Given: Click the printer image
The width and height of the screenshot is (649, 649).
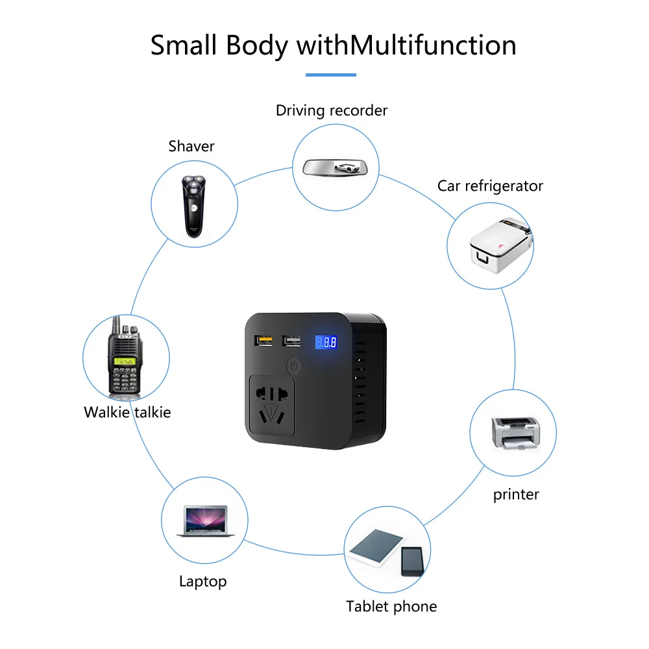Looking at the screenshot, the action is pyautogui.click(x=515, y=432).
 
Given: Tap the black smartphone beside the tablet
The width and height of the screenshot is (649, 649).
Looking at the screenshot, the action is pyautogui.click(x=411, y=561).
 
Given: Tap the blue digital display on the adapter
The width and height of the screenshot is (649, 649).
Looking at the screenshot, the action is pyautogui.click(x=325, y=342).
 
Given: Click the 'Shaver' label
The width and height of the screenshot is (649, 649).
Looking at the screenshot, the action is pyautogui.click(x=191, y=146).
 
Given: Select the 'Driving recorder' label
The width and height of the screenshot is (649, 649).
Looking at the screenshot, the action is pyautogui.click(x=332, y=110).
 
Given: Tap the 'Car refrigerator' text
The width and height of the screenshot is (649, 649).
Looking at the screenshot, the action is pyautogui.click(x=490, y=186).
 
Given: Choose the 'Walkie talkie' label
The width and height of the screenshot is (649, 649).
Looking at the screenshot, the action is pyautogui.click(x=127, y=411).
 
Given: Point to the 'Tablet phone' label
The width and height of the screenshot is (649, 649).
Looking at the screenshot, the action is pyautogui.click(x=391, y=607).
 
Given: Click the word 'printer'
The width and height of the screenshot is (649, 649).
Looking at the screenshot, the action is pyautogui.click(x=516, y=495).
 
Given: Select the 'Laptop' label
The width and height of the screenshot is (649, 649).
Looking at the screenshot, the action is pyautogui.click(x=202, y=581).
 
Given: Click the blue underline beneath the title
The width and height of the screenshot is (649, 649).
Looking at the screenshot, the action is pyautogui.click(x=331, y=75).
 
